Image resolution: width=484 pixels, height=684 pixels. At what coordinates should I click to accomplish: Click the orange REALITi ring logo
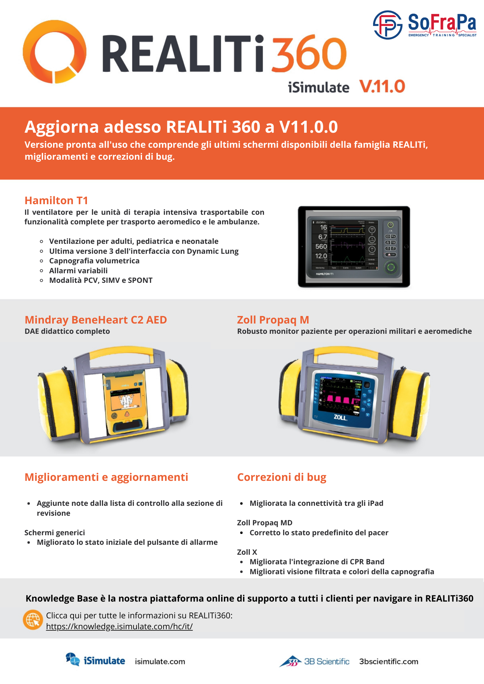point(54,52)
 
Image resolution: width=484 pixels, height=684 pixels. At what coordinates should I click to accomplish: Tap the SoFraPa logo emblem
point(387,25)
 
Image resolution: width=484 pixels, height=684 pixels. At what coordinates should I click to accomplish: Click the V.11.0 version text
point(382,86)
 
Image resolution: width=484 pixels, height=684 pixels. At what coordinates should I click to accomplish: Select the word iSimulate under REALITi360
point(318,88)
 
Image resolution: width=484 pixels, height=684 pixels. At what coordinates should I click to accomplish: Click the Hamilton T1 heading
point(56,200)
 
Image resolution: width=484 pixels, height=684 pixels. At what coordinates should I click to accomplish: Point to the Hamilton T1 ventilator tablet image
point(354,247)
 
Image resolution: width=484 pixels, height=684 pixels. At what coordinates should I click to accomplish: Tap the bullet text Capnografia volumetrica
point(94,261)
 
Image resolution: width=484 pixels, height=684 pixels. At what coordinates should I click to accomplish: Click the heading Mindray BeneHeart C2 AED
point(96,320)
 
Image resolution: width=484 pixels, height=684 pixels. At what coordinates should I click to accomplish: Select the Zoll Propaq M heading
point(273,320)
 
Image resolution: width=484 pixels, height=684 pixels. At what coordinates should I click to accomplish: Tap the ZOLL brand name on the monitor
point(340,418)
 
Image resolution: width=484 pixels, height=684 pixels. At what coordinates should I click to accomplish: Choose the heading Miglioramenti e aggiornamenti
point(106,477)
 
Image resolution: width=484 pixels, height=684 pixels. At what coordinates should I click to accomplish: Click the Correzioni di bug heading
point(282,477)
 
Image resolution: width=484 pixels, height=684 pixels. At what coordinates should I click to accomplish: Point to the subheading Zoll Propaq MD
point(265,523)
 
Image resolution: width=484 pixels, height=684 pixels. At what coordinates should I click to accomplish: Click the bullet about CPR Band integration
point(317,562)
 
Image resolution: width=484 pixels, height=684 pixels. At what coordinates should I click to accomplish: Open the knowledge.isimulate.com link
point(119,627)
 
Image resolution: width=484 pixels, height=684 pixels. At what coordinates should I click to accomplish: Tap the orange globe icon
point(33,620)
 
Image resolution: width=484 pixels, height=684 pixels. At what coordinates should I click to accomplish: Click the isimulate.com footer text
point(160,662)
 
